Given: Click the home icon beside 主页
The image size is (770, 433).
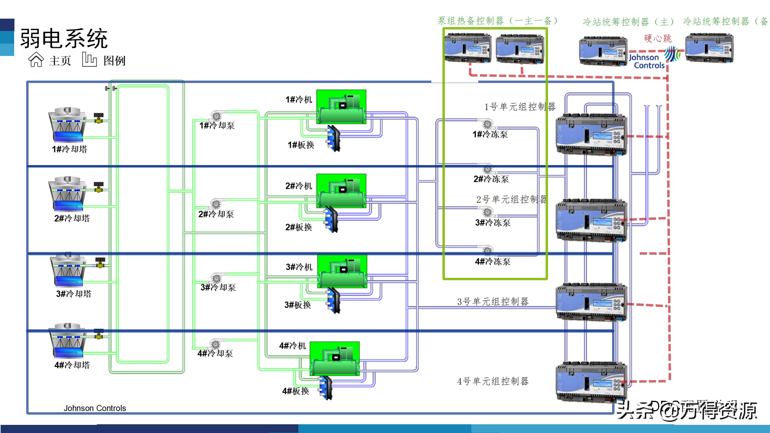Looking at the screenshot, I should pyautogui.click(x=36, y=60).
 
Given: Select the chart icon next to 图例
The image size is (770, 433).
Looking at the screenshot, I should pyautogui.click(x=89, y=60).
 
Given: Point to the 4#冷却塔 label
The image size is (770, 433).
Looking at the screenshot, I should pyautogui.click(x=72, y=365).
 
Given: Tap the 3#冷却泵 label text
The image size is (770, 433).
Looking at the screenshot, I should pyautogui.click(x=218, y=287).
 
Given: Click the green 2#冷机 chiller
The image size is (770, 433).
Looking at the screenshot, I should pyautogui.click(x=341, y=191).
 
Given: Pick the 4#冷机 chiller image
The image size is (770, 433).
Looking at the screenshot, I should pyautogui.click(x=334, y=358).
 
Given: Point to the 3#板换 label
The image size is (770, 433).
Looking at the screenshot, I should pyautogui.click(x=298, y=305).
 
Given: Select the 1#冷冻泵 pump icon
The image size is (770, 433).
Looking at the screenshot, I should pyautogui.click(x=486, y=124).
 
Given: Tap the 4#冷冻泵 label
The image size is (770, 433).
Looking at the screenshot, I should pyautogui.click(x=493, y=262).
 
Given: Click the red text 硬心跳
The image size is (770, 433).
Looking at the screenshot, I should pyautogui.click(x=658, y=38).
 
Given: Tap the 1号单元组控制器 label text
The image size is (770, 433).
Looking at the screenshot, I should pyautogui.click(x=520, y=107).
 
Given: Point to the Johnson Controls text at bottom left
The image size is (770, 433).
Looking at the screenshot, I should pyautogui.click(x=95, y=408).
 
